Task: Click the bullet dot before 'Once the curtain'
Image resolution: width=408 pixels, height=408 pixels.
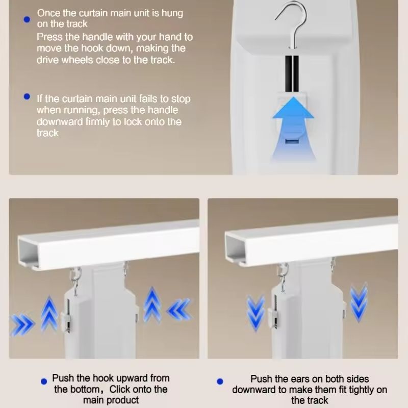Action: [27, 19]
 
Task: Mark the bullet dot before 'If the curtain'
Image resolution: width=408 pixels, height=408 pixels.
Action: [27, 96]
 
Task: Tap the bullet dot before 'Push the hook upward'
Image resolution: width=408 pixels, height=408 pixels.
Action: [43, 380]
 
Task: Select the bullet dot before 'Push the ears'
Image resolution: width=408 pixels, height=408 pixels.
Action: [220, 381]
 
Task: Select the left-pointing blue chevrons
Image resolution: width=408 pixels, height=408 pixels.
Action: [178, 310]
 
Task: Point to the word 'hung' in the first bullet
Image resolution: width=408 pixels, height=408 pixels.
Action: [171, 13]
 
